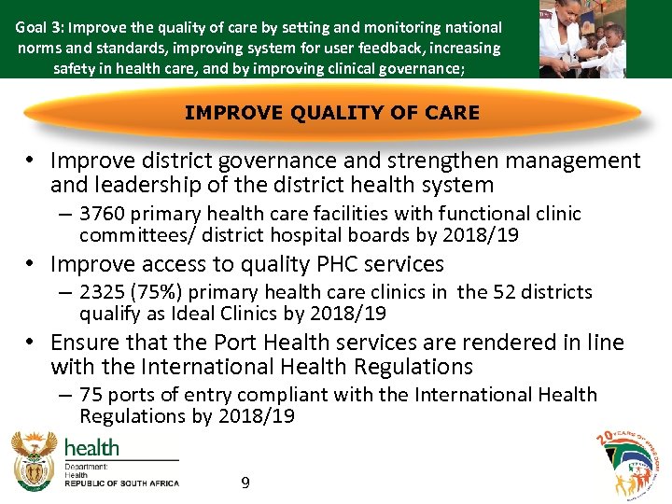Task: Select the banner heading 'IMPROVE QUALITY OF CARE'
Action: (332, 113)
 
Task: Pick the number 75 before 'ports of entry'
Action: (91, 395)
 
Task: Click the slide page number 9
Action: (245, 483)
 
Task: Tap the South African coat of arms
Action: (33, 462)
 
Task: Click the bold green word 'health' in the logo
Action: (91, 447)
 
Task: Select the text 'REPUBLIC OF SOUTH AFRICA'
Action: (121, 483)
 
